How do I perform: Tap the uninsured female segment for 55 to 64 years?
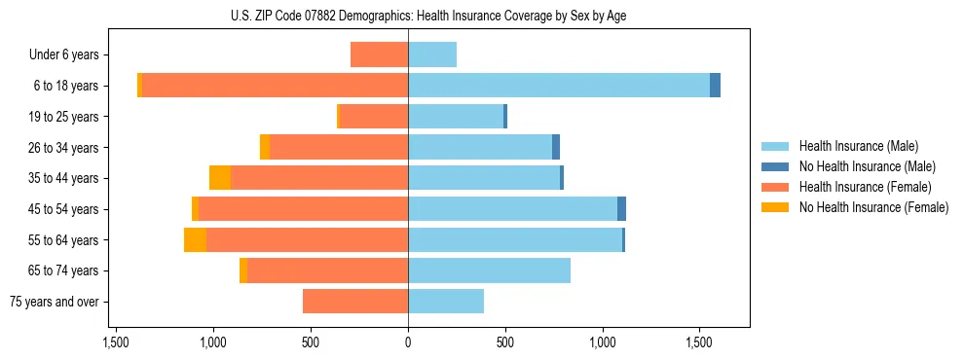point(195,239)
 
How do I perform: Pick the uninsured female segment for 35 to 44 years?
point(220,178)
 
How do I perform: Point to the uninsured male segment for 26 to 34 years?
point(556,147)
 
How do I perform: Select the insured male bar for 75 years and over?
point(446,302)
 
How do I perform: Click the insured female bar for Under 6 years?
point(379,54)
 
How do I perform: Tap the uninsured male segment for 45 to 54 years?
point(621,209)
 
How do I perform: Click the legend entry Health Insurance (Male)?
point(856,146)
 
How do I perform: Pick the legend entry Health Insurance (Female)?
point(865,187)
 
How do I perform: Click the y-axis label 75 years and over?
point(54,302)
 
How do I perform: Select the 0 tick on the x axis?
point(408,343)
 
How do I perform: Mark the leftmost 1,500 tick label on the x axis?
point(116,343)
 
